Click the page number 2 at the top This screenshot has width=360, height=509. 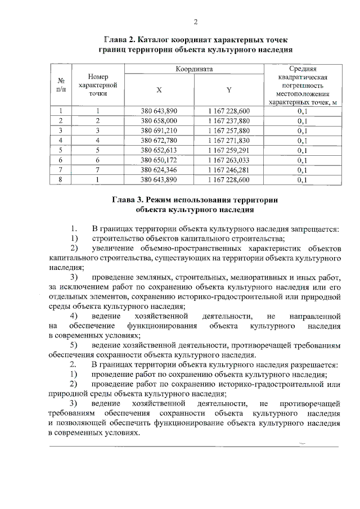(196, 22)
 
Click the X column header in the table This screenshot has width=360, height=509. (159, 89)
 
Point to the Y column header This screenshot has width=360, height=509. (228, 89)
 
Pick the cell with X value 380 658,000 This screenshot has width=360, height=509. (159, 121)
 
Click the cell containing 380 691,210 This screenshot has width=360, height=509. (159, 130)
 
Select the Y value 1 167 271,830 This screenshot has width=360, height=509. (228, 140)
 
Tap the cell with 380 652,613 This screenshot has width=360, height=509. (159, 150)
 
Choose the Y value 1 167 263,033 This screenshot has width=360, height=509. (228, 160)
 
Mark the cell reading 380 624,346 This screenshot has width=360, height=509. (159, 170)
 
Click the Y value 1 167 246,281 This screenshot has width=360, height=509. (228, 170)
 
